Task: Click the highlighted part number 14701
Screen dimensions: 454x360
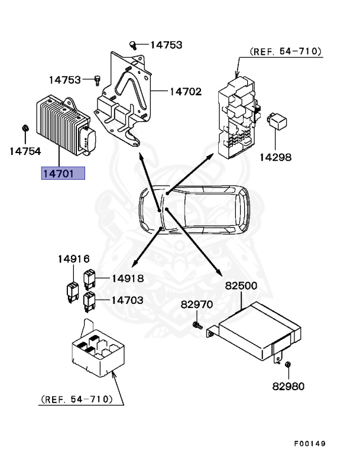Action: point(63,173)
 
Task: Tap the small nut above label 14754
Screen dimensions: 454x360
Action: point(25,128)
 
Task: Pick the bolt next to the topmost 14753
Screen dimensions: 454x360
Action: point(134,44)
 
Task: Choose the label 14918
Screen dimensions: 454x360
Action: point(127,278)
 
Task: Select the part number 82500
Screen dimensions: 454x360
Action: point(241,286)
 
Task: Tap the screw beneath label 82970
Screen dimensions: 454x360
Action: point(197,325)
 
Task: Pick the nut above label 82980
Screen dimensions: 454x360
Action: point(288,365)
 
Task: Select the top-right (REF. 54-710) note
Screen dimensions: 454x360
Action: point(286,52)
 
